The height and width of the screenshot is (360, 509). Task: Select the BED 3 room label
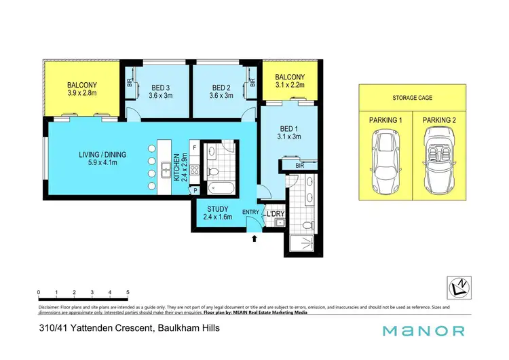tap(160, 88)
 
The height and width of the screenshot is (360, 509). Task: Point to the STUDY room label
tap(218, 209)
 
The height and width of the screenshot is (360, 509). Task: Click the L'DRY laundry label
tap(275, 214)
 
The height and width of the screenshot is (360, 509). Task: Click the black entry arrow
tap(254, 238)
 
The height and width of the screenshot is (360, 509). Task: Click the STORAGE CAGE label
tap(412, 97)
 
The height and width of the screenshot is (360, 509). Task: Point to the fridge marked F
tap(194, 147)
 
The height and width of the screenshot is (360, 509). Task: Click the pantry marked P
tap(195, 191)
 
